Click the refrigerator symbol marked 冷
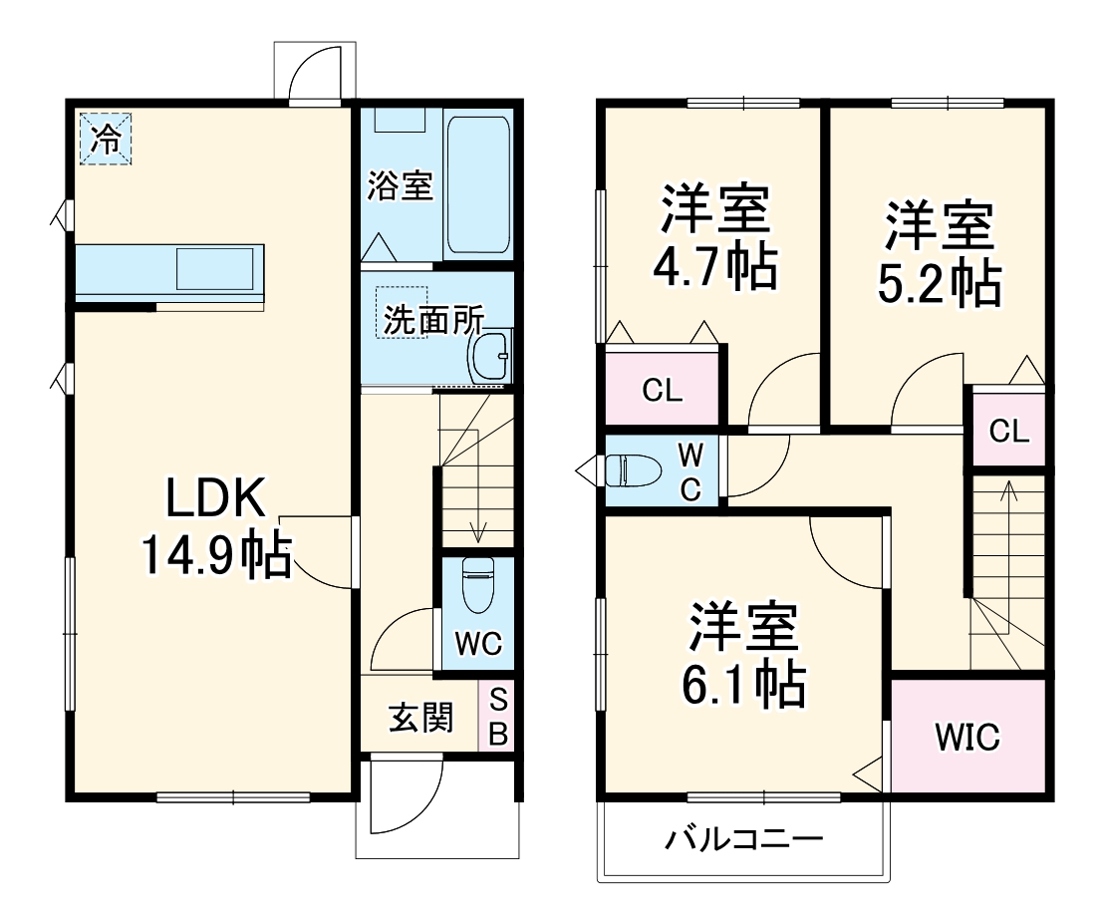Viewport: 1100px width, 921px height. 105,140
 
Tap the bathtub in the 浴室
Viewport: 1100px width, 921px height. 478,186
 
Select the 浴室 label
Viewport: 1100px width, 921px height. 401,186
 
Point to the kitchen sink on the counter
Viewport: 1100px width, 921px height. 214,269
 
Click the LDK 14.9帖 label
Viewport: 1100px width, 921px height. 214,526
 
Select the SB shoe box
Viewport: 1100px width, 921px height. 497,717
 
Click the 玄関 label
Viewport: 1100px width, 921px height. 420,717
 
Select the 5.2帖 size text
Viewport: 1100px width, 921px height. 939,284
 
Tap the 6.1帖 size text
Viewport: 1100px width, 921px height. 742,684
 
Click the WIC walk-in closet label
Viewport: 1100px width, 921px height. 966,738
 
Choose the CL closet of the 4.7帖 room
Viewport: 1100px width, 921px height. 662,391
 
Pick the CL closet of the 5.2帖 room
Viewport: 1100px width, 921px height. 1008,431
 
